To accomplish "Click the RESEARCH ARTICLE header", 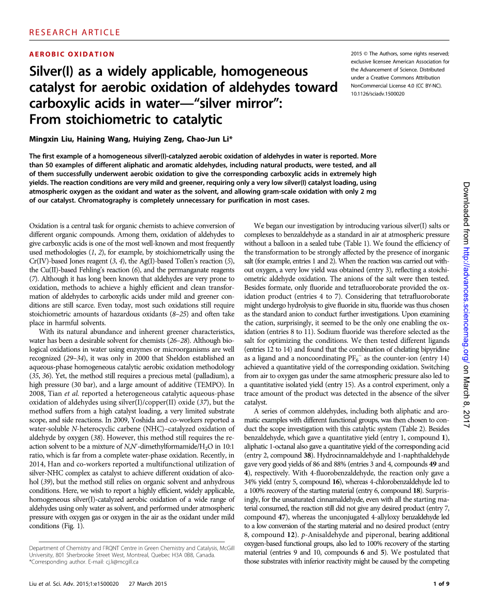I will (x=68, y=32).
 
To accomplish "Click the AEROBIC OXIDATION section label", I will (x=72, y=54).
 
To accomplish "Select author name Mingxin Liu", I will (x=51, y=139).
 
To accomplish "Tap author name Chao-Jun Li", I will (x=206, y=139).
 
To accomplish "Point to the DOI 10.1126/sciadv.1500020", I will (x=378, y=94).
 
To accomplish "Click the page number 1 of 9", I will (x=441, y=584).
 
